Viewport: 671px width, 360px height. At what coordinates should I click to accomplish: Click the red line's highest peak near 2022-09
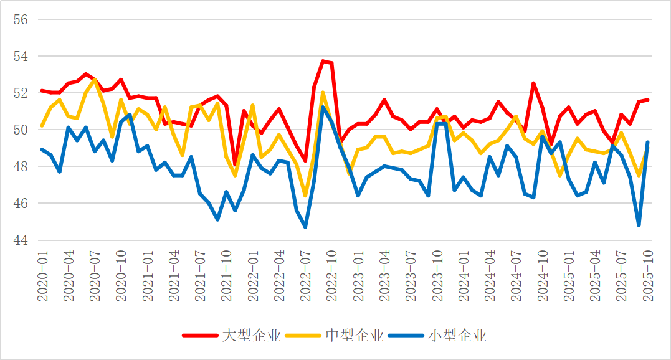point(323,61)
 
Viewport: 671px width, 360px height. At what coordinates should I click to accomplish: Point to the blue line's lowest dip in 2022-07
point(305,227)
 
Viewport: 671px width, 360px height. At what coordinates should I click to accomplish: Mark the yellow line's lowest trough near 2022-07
point(305,196)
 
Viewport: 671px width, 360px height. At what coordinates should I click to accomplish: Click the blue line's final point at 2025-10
point(648,143)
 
